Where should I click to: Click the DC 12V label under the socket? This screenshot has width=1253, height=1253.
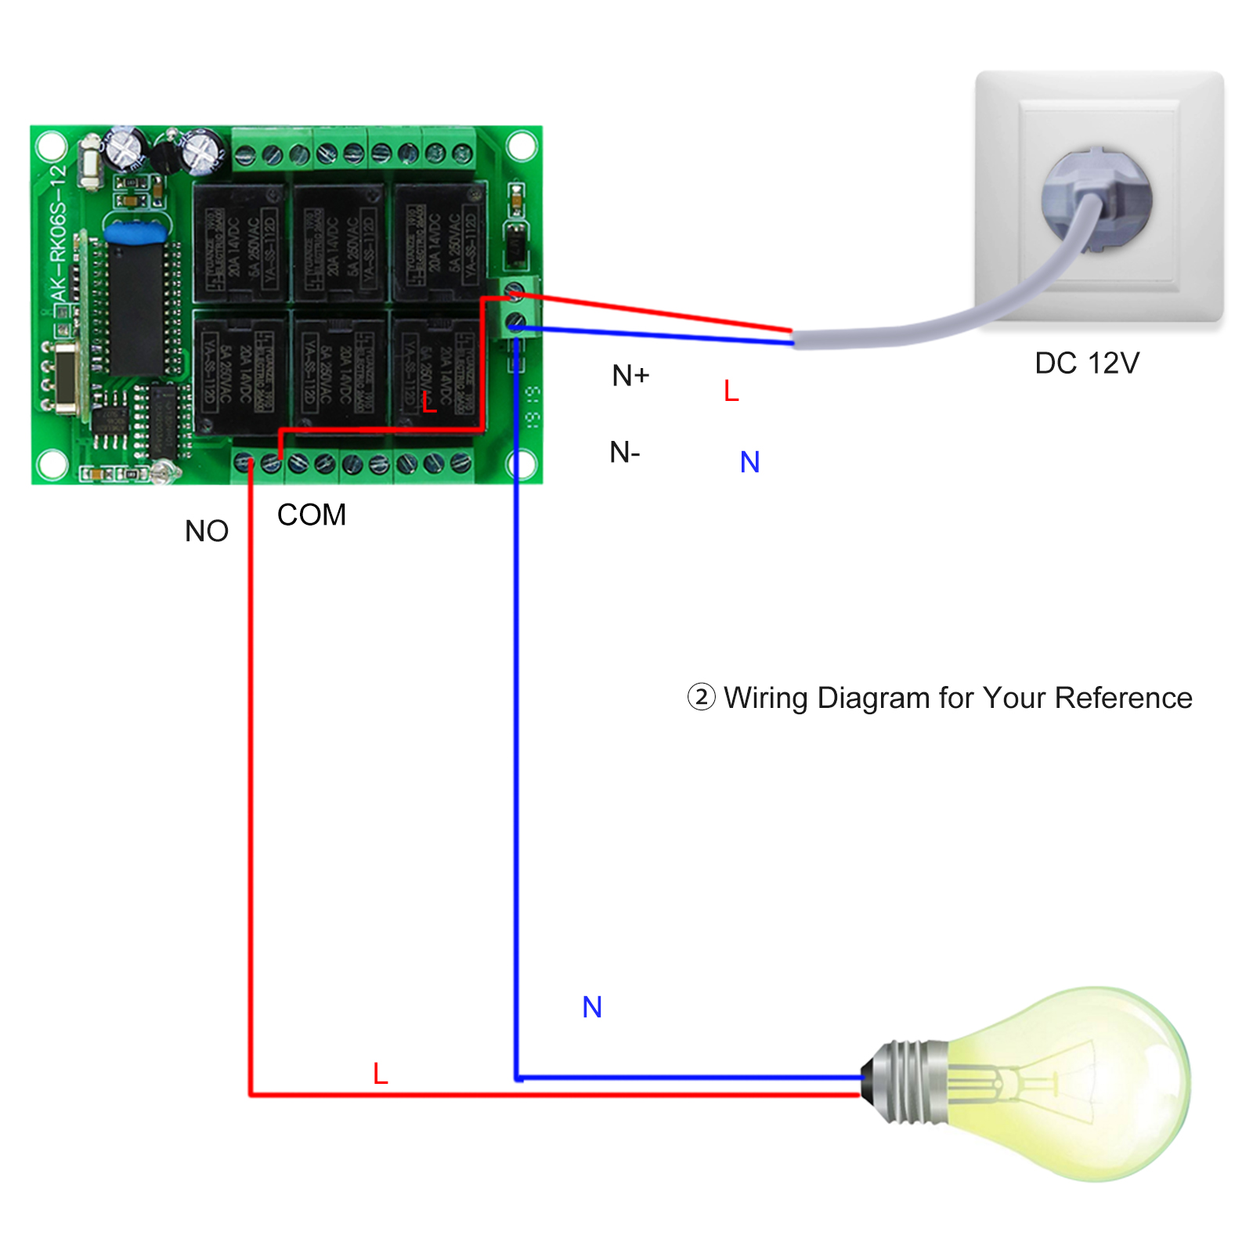[1086, 363]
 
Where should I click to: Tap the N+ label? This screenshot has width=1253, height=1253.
[630, 376]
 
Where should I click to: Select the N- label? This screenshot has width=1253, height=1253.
[625, 452]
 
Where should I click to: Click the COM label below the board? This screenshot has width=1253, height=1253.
[311, 515]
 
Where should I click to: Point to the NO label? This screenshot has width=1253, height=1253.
[207, 532]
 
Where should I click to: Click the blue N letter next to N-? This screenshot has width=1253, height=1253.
[749, 462]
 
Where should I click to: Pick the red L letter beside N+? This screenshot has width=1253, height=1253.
[731, 391]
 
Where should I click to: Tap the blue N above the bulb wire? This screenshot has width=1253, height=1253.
[592, 1007]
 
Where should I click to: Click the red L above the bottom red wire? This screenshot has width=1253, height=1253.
[381, 1074]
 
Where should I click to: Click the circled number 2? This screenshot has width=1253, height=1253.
[701, 697]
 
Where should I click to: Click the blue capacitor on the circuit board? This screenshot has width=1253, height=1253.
[135, 233]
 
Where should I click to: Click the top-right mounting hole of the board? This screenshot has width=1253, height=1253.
[522, 146]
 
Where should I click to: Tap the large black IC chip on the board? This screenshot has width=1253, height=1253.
[135, 309]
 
